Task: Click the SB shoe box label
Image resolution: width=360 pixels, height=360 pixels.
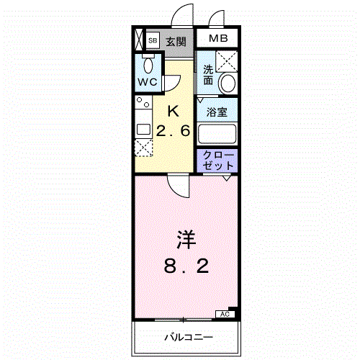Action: [x=153, y=40]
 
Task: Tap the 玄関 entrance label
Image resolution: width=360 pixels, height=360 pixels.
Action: [x=176, y=42]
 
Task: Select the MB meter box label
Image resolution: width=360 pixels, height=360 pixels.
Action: [x=218, y=38]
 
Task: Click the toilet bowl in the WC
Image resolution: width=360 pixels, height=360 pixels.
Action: [x=148, y=65]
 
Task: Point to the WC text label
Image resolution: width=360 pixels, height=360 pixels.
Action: [x=148, y=82]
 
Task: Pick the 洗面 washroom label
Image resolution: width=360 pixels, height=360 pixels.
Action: [x=208, y=75]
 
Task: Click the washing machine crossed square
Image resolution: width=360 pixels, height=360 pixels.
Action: [x=227, y=61]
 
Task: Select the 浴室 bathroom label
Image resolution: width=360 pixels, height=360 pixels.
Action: [x=217, y=112]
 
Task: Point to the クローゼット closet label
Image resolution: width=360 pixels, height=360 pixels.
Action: [x=218, y=161]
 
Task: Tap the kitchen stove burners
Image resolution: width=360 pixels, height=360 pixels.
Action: [x=143, y=102]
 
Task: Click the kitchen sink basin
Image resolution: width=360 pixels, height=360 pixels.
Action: [x=143, y=130]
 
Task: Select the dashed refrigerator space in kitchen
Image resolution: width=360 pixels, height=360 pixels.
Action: [x=144, y=148]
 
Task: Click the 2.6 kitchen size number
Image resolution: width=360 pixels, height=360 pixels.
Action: [x=174, y=131]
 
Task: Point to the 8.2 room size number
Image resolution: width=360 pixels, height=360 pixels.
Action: [x=186, y=266]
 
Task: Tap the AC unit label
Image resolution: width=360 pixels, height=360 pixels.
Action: [x=225, y=314]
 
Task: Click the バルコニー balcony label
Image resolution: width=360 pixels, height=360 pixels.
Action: [x=189, y=338]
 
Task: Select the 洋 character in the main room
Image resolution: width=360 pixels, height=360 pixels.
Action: [x=186, y=240]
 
